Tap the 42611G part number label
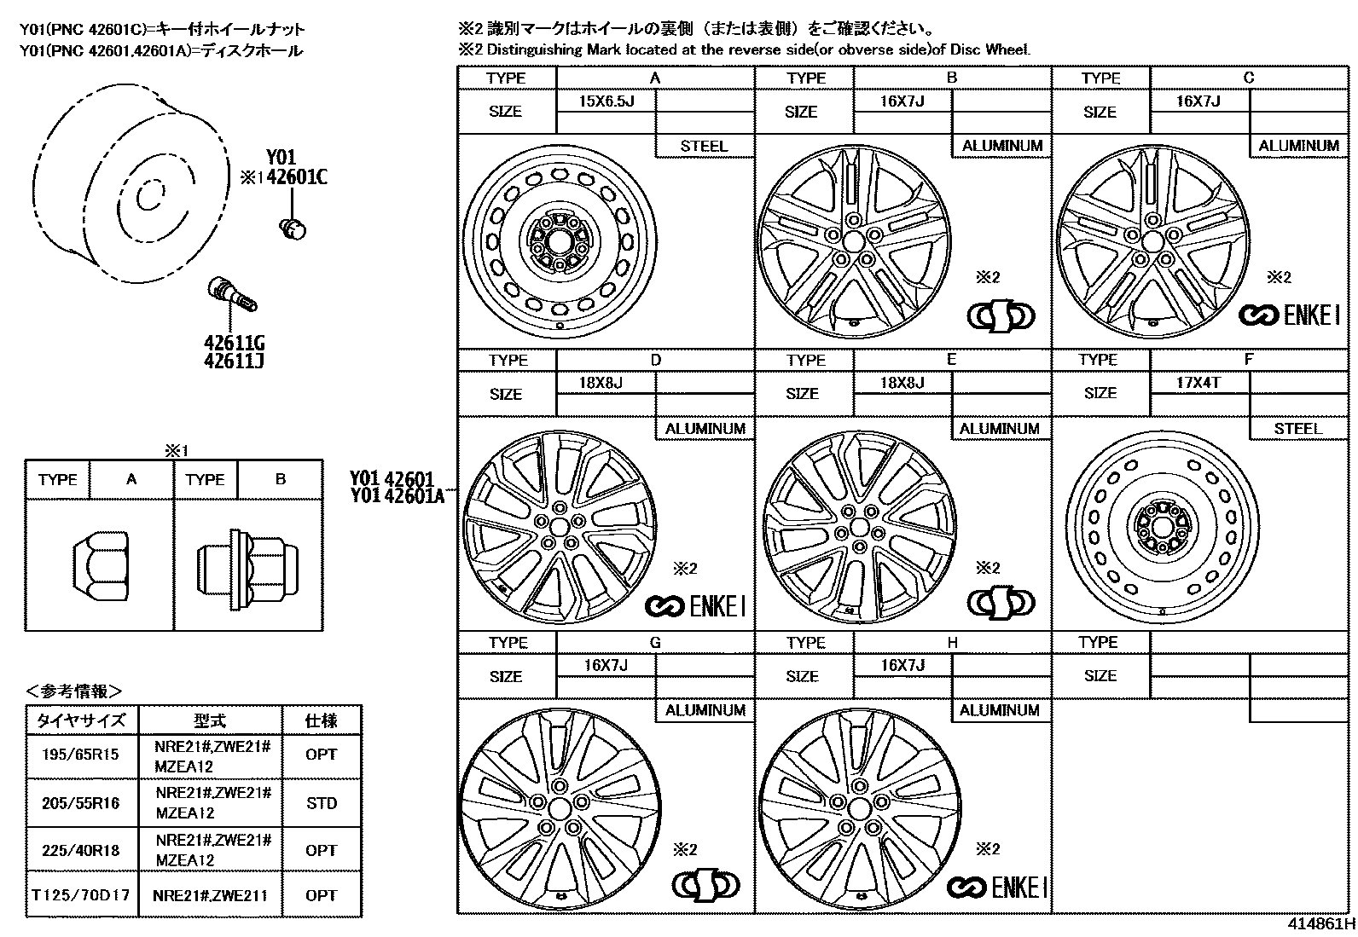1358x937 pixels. (234, 343)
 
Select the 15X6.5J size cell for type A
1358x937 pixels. (606, 101)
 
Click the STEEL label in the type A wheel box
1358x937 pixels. (704, 146)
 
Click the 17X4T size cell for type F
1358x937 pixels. (1198, 383)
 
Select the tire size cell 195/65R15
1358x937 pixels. (81, 755)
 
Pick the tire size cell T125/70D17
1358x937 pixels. (81, 895)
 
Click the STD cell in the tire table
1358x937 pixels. (321, 803)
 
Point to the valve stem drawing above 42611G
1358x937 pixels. (233, 293)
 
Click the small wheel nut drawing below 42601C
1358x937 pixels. (293, 228)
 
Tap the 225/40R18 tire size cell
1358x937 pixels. (81, 850)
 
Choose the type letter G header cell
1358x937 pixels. (655, 642)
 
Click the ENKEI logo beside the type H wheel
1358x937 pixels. (996, 888)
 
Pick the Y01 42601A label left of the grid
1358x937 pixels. (398, 495)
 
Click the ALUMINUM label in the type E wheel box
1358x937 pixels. (1000, 429)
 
